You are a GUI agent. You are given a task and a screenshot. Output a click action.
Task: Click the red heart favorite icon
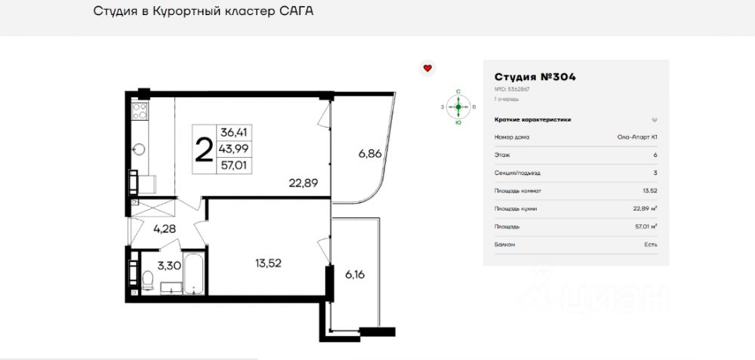[x=427, y=68]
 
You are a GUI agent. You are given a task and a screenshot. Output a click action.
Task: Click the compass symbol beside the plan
[x=458, y=107]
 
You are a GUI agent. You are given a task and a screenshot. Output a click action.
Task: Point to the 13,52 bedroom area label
[x=269, y=263]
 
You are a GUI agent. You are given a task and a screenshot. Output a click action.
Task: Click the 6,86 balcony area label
[x=370, y=153]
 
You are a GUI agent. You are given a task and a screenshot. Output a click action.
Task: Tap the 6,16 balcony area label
[x=354, y=274]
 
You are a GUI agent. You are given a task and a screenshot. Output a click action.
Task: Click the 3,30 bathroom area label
[x=168, y=265]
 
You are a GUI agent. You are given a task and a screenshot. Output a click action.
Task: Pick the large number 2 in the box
[x=203, y=149]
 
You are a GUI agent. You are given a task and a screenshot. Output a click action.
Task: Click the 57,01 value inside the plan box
[x=233, y=164]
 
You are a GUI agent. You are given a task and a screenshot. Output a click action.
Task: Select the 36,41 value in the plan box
[x=233, y=131]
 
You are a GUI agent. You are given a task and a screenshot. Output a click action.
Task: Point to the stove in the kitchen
[x=140, y=113]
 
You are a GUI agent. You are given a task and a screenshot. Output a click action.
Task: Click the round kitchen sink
[x=139, y=148]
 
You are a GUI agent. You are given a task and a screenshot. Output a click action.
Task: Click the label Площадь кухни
[x=516, y=208]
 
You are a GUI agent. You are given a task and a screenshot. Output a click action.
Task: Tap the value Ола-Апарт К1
[x=636, y=137]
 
